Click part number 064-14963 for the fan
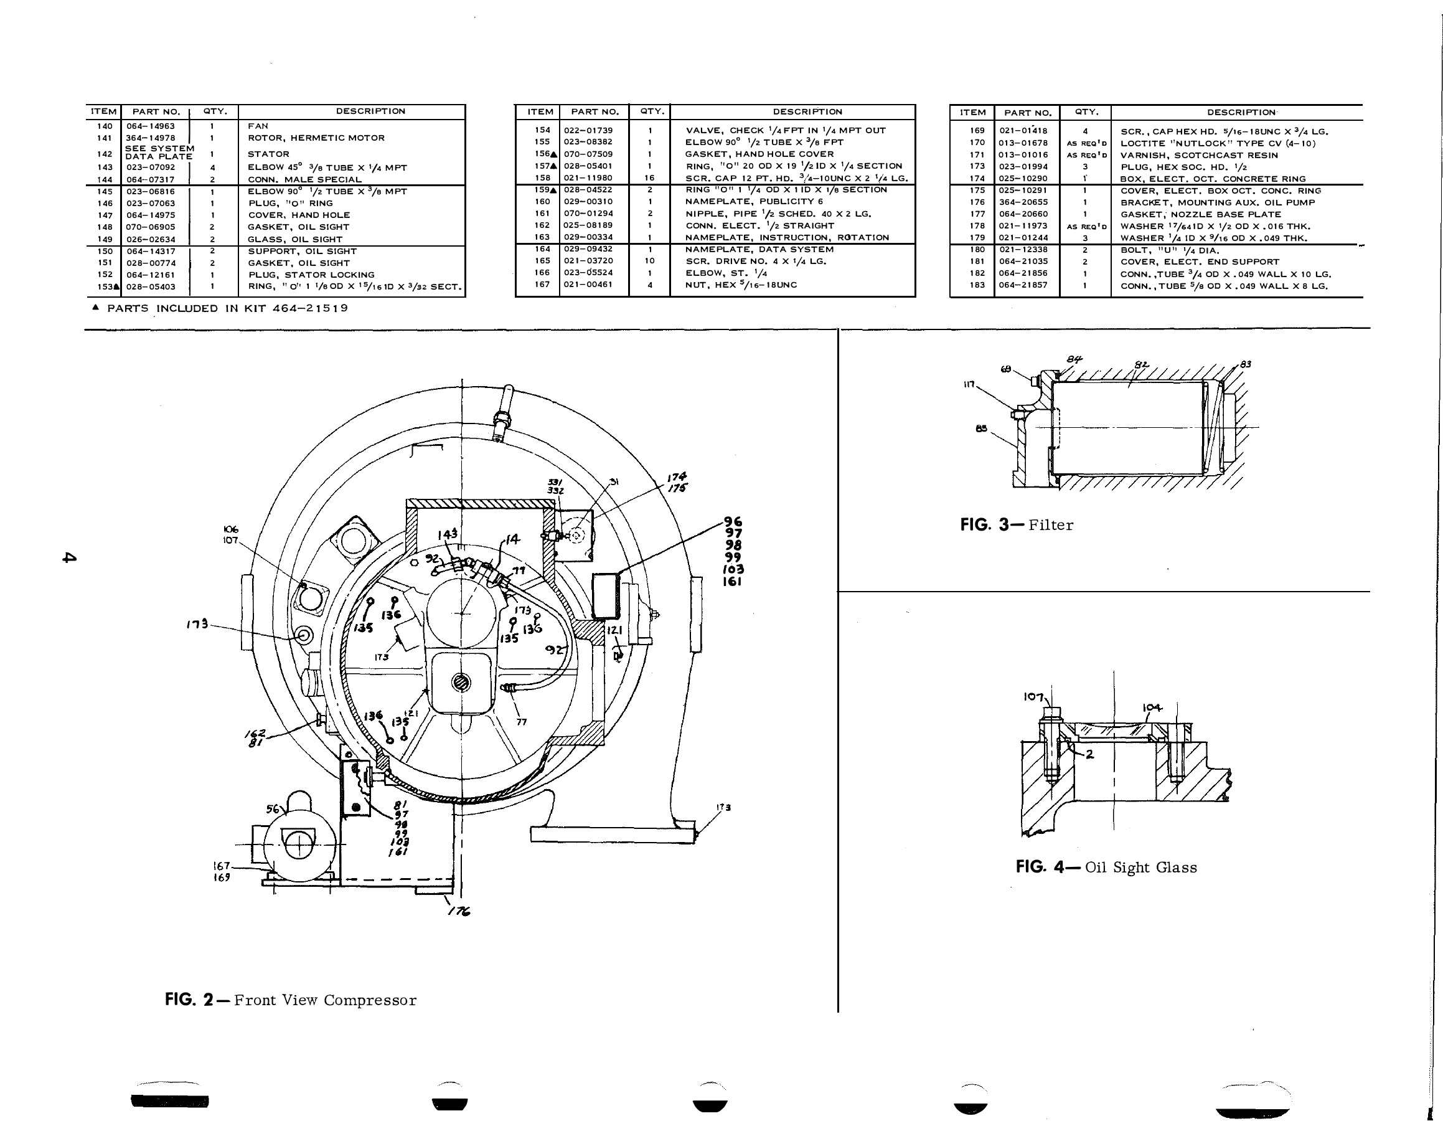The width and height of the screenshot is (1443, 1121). [x=151, y=126]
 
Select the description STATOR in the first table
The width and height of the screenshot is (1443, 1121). [x=268, y=154]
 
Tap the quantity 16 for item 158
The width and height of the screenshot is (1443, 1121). [x=649, y=177]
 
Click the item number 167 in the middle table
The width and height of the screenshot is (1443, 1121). [x=542, y=285]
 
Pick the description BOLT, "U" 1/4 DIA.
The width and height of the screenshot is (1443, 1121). [x=1170, y=250]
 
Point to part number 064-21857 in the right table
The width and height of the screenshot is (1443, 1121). [x=1023, y=285]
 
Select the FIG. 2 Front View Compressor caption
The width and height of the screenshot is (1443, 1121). [x=291, y=1000]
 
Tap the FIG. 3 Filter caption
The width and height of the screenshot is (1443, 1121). [x=1017, y=525]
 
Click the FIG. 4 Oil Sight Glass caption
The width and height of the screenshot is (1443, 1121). [x=1106, y=867]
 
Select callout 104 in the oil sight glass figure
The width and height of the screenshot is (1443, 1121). [x=1152, y=708]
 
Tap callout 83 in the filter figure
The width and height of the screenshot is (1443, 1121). [x=1246, y=364]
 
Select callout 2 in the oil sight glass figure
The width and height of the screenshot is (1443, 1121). [x=1089, y=754]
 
